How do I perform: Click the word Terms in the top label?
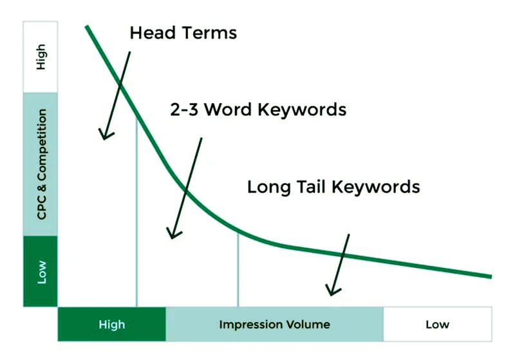point(209,33)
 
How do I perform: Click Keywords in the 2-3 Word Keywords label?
point(302,109)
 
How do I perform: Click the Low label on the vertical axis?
point(41,271)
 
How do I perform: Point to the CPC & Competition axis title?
point(41,164)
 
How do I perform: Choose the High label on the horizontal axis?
point(111,324)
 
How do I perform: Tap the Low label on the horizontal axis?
point(437,324)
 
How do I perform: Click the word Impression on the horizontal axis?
point(248,324)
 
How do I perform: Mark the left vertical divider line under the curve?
point(136,213)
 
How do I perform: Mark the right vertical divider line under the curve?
point(238,270)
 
